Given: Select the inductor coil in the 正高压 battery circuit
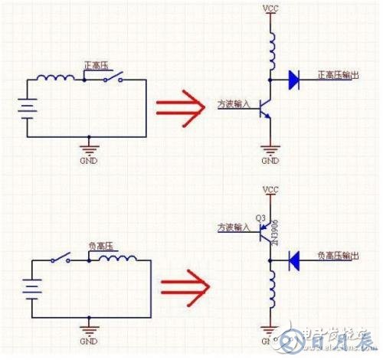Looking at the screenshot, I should coord(59,77).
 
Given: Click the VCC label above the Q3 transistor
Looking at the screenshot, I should coord(270,189).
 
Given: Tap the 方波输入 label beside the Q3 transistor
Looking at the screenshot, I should coord(233,227).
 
